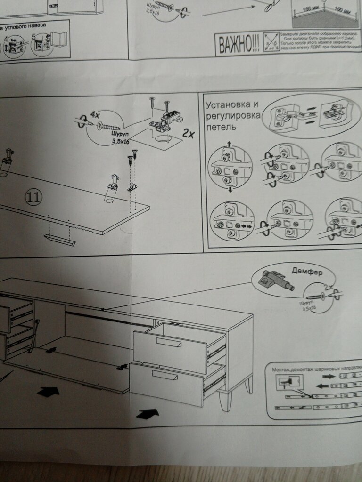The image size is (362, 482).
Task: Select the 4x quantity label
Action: pyautogui.click(x=96, y=114)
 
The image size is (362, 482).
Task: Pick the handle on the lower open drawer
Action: pyautogui.click(x=165, y=375)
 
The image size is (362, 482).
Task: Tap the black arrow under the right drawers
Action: pyautogui.click(x=148, y=413)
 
